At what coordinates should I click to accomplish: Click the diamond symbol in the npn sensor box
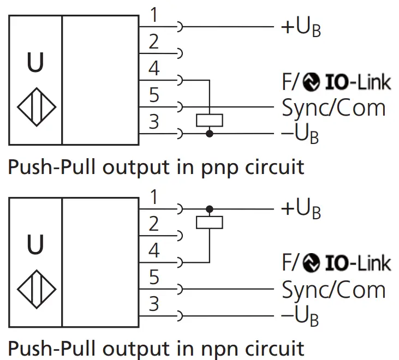click(36, 287)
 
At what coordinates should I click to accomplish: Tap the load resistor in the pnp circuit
click(209, 119)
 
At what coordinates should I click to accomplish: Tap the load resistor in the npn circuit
click(209, 222)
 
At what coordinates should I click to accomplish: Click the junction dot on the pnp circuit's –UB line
click(209, 133)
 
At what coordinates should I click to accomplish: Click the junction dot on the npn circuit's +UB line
click(209, 208)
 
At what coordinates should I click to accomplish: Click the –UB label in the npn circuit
click(300, 316)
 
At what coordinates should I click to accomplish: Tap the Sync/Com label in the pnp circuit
click(334, 107)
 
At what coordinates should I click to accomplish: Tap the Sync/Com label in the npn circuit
click(334, 290)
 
